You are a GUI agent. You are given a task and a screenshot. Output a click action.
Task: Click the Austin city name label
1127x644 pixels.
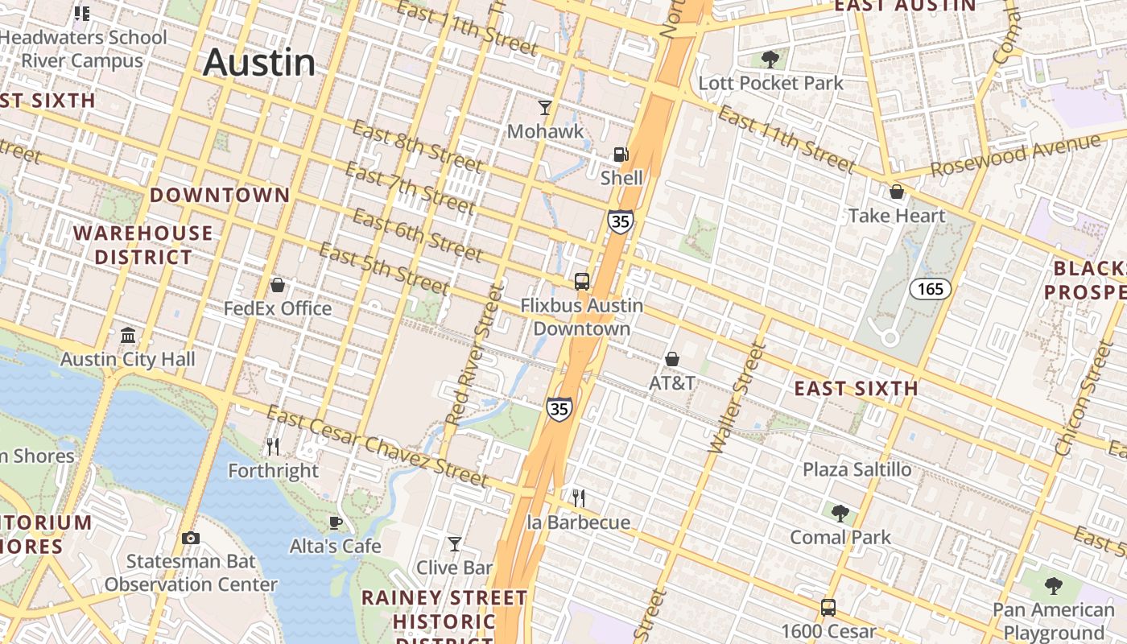pos(259,63)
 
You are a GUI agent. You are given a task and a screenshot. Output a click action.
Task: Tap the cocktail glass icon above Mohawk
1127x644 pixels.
pos(545,108)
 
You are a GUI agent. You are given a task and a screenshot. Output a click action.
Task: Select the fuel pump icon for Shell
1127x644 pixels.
pos(621,155)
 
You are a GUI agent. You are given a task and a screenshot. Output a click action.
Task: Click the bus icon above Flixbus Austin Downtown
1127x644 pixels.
pos(581,282)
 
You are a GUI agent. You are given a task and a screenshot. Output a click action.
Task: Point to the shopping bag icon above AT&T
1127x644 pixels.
pos(672,359)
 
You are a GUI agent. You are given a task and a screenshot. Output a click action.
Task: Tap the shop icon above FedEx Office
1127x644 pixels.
pos(278,285)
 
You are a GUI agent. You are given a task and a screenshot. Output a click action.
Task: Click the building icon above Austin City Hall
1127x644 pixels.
pos(128,335)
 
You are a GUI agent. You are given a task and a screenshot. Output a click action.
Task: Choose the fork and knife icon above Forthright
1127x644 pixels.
pos(273,446)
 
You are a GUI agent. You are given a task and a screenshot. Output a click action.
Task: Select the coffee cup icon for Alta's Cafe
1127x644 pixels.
pos(336,523)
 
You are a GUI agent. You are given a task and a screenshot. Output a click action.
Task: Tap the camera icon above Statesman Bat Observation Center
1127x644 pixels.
pos(191,538)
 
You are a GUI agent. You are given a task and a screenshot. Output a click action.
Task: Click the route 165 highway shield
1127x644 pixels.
pos(931,289)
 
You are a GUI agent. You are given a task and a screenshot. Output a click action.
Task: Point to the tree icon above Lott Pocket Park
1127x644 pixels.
pos(770,59)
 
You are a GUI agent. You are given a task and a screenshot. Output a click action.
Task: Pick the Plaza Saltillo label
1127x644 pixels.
pos(857,469)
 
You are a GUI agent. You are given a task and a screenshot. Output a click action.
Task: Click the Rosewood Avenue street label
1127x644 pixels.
pos(1015,156)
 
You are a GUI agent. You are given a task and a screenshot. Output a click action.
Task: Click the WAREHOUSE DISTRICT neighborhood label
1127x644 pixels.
pos(144,246)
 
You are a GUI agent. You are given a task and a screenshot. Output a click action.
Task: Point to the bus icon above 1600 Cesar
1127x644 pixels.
pos(828,607)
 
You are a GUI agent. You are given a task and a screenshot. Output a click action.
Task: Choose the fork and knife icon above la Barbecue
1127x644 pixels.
pos(578,498)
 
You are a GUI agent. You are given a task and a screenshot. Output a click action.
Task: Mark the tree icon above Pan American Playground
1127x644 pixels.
pos(1053,586)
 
